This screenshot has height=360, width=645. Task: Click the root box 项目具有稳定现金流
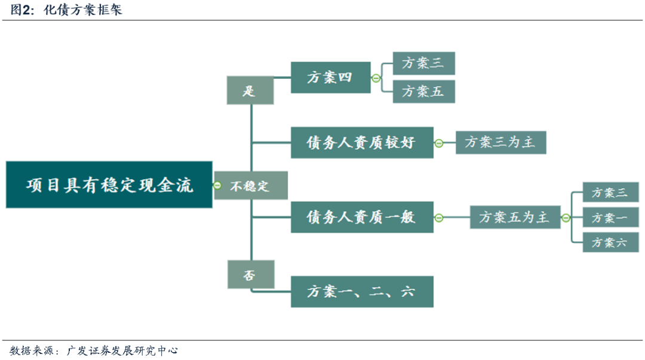tap(109, 184)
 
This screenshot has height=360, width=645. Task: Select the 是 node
tap(250, 91)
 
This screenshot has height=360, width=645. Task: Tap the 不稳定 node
tap(251, 186)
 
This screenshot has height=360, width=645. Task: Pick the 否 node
tap(251, 275)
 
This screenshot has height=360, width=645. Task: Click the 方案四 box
tap(330, 77)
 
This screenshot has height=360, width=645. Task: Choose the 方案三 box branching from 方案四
tap(424, 63)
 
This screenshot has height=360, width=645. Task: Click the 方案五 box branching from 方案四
tap(424, 91)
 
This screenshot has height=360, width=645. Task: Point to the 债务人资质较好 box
tap(362, 143)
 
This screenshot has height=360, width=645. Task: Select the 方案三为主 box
tap(500, 143)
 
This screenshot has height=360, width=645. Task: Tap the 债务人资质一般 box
tap(362, 217)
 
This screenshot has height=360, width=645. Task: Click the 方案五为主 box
tap(514, 217)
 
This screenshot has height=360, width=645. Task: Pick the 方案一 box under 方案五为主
tap(610, 217)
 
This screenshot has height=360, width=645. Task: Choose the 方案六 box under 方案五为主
tap(610, 242)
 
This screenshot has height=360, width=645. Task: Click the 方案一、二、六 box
tap(362, 292)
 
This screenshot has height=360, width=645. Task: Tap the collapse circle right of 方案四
tap(376, 78)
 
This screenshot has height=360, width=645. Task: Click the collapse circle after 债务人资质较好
tap(439, 143)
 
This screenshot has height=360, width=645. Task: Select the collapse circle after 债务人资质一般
tap(439, 218)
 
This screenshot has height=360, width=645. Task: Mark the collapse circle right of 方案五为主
tap(565, 218)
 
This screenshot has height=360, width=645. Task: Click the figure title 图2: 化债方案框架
tap(66, 10)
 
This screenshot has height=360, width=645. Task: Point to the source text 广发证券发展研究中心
tap(124, 350)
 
